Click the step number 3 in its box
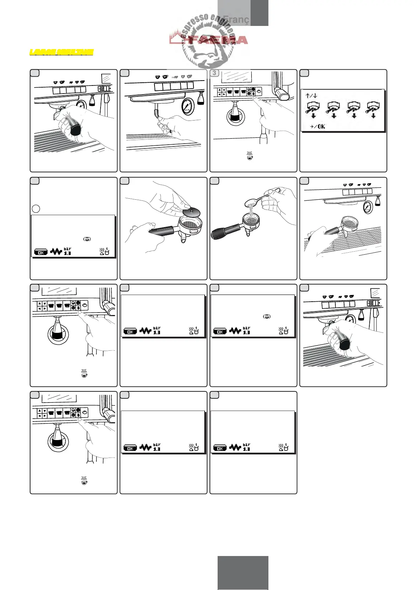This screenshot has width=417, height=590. pyautogui.click(x=214, y=73)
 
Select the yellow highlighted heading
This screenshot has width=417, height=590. pyautogui.click(x=61, y=52)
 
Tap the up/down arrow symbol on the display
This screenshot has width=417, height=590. pyautogui.click(x=311, y=95)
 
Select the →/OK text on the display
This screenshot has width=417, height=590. pyautogui.click(x=318, y=126)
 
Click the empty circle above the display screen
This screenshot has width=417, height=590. pyautogui.click(x=36, y=208)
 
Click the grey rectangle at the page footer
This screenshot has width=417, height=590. pyautogui.click(x=243, y=572)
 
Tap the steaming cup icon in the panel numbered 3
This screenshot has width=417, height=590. pyautogui.click(x=249, y=156)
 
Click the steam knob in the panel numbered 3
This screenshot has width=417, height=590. pyautogui.click(x=281, y=93)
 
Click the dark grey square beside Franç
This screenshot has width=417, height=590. pyautogui.click(x=259, y=13)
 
